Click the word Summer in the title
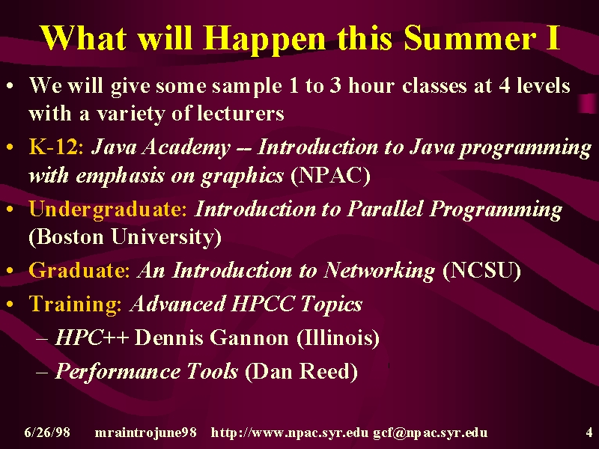pyautogui.click(x=469, y=38)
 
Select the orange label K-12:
pyautogui.click(x=56, y=147)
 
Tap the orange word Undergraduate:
pyautogui.click(x=108, y=210)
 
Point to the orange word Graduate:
pyautogui.click(x=79, y=270)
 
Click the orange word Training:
pyautogui.click(x=76, y=305)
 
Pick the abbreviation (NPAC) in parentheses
pyautogui.click(x=331, y=176)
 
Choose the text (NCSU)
pyautogui.click(x=481, y=271)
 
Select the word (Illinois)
pyautogui.click(x=338, y=338)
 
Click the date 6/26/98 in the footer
pyautogui.click(x=47, y=433)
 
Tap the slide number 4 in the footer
pyautogui.click(x=589, y=433)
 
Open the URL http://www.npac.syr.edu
pyautogui.click(x=290, y=433)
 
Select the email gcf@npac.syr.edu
pyautogui.click(x=430, y=433)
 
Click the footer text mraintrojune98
pyautogui.click(x=145, y=433)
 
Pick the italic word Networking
pyautogui.click(x=379, y=271)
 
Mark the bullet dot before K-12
pyautogui.click(x=10, y=147)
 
